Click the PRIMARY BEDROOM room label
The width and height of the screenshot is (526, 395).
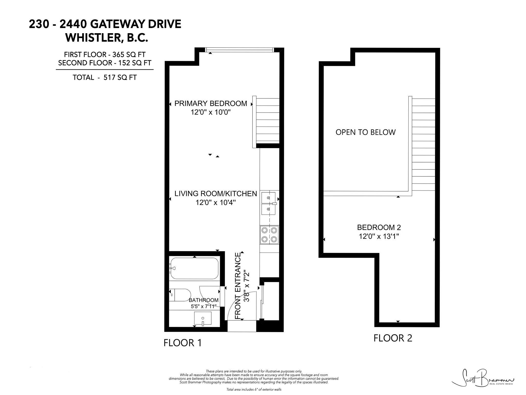click(x=211, y=103)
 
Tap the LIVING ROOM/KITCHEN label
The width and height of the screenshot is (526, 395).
click(x=216, y=194)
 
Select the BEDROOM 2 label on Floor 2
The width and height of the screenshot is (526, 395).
click(x=379, y=227)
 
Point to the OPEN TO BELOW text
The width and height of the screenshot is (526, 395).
click(x=365, y=132)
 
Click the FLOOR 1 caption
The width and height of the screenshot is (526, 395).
click(x=183, y=343)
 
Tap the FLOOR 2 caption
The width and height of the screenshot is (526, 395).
click(x=393, y=338)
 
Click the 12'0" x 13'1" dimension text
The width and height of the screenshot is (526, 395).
click(x=379, y=236)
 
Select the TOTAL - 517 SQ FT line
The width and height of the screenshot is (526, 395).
click(x=105, y=77)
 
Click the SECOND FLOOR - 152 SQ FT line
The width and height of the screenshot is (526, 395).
click(x=105, y=63)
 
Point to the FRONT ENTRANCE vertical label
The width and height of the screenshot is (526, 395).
click(x=238, y=286)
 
